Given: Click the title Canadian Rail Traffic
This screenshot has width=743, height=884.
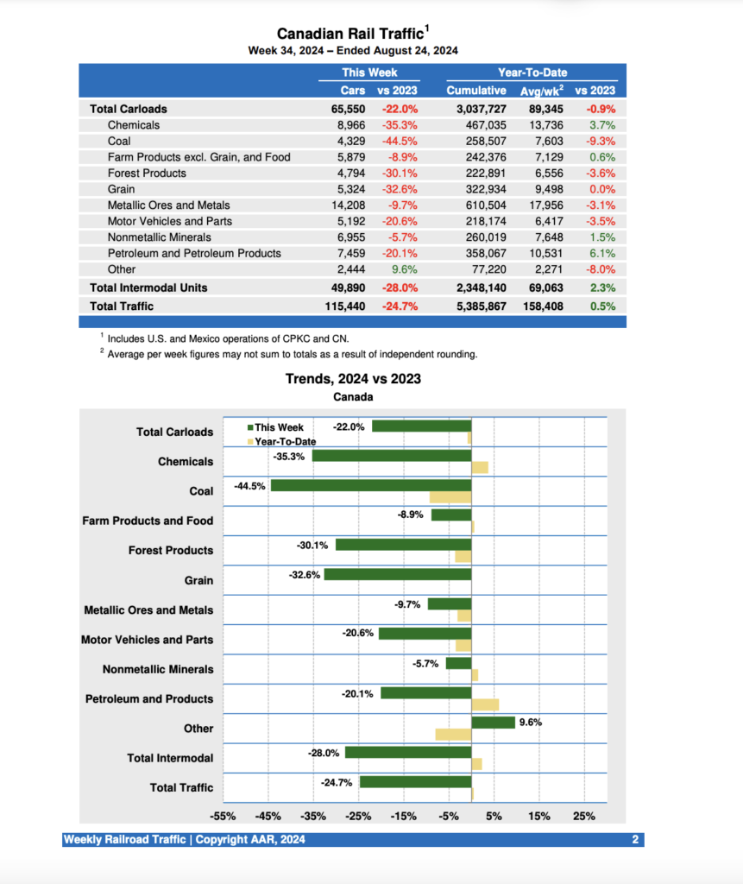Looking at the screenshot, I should coord(349,34).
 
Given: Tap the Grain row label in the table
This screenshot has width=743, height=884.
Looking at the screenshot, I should coord(121,189).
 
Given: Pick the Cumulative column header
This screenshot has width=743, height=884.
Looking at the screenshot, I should coord(475,90).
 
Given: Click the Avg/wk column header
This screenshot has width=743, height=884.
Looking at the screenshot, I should coord(541,90).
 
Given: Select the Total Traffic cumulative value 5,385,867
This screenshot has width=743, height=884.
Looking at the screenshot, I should coord(475,306).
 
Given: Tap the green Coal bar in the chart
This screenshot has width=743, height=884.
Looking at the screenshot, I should coord(371,485).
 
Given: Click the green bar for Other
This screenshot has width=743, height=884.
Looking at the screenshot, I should coord(493,723).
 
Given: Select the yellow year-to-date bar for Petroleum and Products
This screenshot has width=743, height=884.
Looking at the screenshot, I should coord(484,704).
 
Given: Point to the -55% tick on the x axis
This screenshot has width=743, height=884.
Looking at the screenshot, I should coord(223,816).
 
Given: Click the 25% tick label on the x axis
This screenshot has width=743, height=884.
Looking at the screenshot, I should coord(584,816).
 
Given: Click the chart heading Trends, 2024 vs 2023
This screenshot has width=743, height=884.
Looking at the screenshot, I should coord(353,378).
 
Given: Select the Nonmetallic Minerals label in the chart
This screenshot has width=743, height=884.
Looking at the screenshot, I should coord(157,669).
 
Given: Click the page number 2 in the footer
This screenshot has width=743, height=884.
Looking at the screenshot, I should coord(634,840).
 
